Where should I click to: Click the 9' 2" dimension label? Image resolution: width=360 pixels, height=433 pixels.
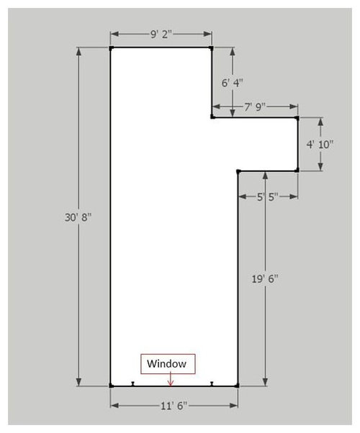[161, 35]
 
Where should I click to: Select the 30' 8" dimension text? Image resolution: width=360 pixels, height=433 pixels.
[78, 217]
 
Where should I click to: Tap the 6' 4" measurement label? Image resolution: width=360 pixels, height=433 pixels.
[233, 83]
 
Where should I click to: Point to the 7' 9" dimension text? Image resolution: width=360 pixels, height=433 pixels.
[255, 107]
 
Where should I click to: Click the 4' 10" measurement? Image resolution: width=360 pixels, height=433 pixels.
[320, 144]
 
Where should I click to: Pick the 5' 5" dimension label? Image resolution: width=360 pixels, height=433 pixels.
[267, 197]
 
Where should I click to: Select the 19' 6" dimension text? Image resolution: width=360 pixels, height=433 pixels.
[265, 278]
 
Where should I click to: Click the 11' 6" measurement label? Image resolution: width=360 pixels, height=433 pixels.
[174, 406]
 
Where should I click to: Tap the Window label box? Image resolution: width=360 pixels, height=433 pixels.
[168, 364]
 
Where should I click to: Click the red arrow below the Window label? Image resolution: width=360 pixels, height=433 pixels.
[171, 378]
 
